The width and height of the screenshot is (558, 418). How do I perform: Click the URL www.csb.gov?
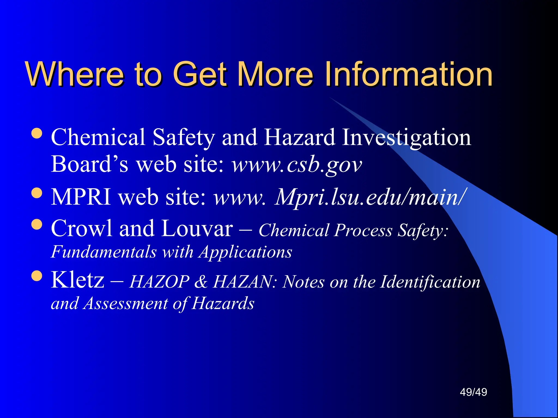point(297,165)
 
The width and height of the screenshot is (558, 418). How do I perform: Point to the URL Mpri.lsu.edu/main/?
point(371,197)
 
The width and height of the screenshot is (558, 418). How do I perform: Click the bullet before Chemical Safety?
point(37,133)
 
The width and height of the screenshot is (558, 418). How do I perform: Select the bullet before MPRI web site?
point(37,193)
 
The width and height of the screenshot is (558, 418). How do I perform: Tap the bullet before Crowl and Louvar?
point(37,225)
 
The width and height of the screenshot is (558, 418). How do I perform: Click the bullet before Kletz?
point(37,276)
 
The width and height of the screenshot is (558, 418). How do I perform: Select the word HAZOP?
point(159,282)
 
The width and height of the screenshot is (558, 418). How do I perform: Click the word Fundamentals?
point(104,252)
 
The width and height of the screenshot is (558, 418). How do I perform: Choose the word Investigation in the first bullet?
point(406,138)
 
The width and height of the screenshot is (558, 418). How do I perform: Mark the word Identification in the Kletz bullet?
point(430,282)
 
